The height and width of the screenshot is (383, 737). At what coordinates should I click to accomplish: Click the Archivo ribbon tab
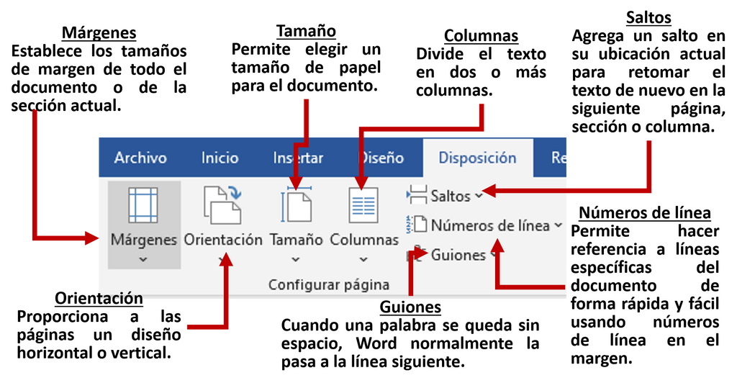pyautogui.click(x=140, y=158)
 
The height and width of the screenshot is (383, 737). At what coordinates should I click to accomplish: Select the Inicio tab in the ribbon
pyautogui.click(x=220, y=158)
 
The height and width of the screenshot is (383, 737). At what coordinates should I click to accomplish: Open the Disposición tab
pyautogui.click(x=477, y=158)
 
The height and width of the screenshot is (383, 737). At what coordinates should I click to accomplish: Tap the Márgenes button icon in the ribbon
pyautogui.click(x=143, y=205)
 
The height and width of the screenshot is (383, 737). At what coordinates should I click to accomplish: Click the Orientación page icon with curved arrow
pyautogui.click(x=222, y=204)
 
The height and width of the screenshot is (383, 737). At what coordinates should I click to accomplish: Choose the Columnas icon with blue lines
pyautogui.click(x=363, y=205)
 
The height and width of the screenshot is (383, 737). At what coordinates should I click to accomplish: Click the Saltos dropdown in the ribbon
pyautogui.click(x=445, y=196)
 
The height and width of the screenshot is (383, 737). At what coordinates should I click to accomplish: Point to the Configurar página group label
pyautogui.click(x=328, y=284)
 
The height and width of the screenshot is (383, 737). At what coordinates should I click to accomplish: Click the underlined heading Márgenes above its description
pyautogui.click(x=99, y=33)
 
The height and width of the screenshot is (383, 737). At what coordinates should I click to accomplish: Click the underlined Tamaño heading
pyautogui.click(x=306, y=31)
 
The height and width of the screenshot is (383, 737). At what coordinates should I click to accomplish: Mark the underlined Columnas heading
pyautogui.click(x=481, y=36)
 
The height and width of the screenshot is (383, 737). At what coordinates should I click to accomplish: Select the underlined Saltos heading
pyautogui.click(x=648, y=17)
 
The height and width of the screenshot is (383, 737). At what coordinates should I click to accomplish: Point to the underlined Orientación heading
pyautogui.click(x=99, y=298)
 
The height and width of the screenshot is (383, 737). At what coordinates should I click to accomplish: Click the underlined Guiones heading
pyautogui.click(x=410, y=307)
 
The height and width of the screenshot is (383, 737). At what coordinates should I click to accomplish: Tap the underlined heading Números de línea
pyautogui.click(x=645, y=213)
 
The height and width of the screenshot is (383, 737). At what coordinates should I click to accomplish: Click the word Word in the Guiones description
pyautogui.click(x=376, y=343)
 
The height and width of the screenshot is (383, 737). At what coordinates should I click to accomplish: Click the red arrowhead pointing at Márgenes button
pyautogui.click(x=91, y=238)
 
